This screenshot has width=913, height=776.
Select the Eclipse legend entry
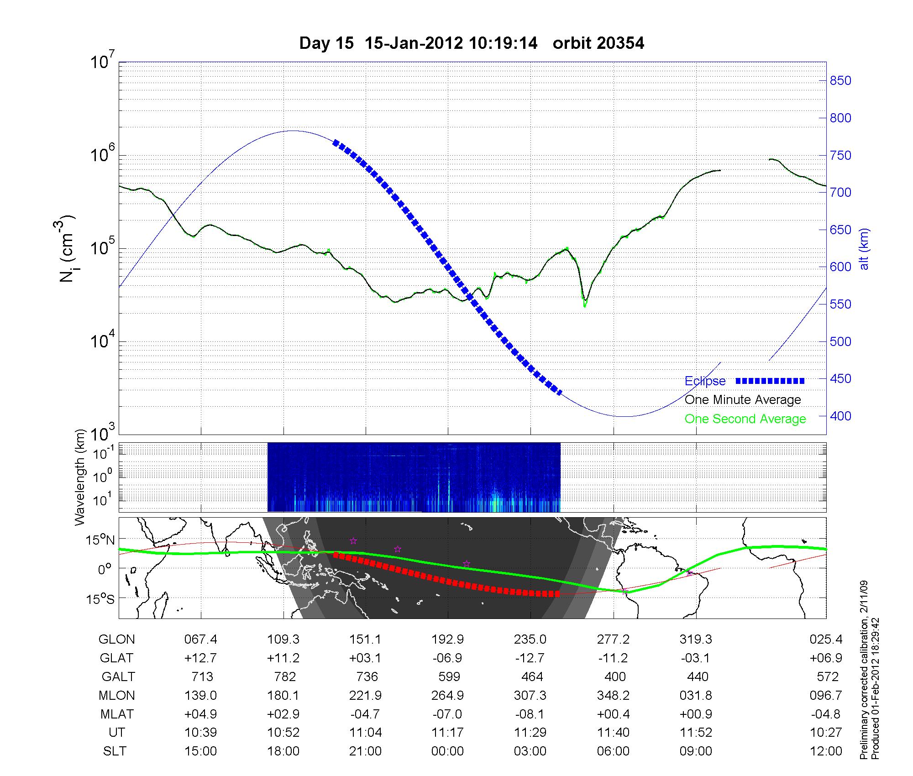[705, 381]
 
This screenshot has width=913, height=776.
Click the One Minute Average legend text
[743, 400]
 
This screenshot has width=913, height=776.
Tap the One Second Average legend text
[745, 419]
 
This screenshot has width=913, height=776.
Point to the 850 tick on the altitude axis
[840, 81]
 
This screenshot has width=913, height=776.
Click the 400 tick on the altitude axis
[840, 416]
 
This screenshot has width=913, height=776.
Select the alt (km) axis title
[865, 249]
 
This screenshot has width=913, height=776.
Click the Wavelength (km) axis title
[80, 477]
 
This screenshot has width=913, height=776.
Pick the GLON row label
[116, 640]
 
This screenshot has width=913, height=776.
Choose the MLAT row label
[117, 714]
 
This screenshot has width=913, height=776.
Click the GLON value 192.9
[447, 640]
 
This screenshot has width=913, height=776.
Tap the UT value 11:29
[530, 733]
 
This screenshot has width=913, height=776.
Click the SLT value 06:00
[613, 751]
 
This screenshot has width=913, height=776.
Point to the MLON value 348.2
[613, 696]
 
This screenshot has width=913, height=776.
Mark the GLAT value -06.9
[447, 658]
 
